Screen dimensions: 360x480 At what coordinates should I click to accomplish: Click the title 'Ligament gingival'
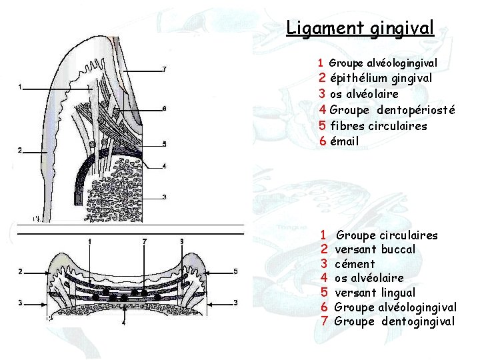point(360,28)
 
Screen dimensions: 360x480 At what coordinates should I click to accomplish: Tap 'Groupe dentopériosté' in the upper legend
point(393,109)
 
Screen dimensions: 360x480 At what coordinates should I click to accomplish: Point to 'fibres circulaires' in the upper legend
point(379,125)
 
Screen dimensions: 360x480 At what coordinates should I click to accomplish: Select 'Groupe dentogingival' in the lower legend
point(395,321)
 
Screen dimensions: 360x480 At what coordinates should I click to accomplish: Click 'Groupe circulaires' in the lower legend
point(387,235)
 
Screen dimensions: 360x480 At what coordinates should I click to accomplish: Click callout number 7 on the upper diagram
point(165,70)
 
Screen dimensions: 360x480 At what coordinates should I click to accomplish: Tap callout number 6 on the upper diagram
point(165,108)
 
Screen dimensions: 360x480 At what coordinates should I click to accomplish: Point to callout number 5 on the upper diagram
point(165,144)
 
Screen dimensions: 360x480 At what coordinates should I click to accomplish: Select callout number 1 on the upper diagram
point(20,87)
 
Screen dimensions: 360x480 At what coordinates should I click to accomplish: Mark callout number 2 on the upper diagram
point(20,151)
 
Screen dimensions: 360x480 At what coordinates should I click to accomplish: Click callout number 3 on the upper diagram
point(165,197)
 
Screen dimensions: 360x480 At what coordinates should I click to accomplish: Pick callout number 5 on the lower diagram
point(236,271)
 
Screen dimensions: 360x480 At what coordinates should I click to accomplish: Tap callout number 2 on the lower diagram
point(20,271)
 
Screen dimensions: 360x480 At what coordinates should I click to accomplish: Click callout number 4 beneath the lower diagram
point(123,322)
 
